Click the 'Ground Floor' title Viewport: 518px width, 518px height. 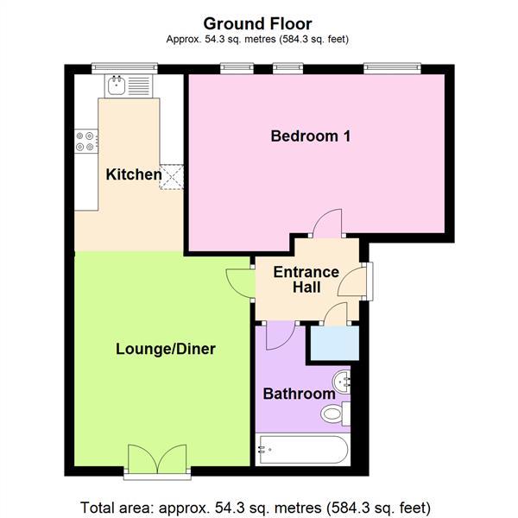[257, 23]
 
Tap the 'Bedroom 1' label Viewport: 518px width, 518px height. [310, 136]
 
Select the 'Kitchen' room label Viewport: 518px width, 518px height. [134, 174]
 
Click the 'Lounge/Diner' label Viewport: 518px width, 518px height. [166, 350]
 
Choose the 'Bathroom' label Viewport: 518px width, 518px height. [299, 394]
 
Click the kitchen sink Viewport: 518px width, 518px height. [117, 85]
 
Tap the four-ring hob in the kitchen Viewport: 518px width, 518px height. [85, 140]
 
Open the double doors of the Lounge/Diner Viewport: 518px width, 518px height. [155, 458]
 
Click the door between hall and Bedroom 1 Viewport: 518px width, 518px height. [329, 224]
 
